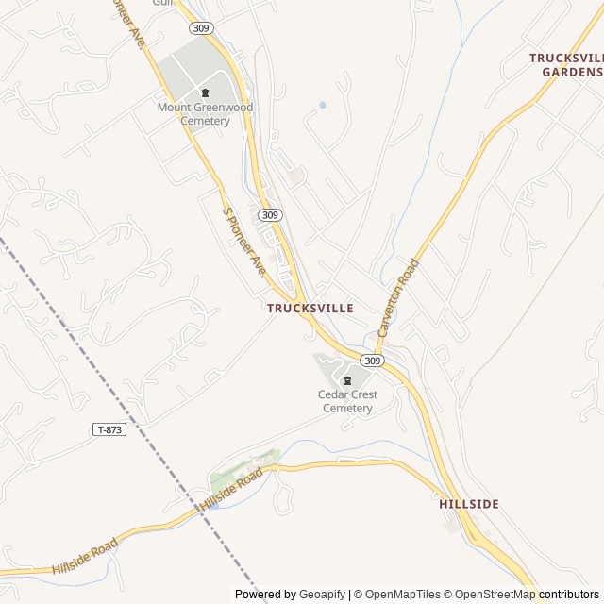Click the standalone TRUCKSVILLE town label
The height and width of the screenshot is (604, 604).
tap(310, 309)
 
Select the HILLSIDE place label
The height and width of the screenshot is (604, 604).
tap(469, 505)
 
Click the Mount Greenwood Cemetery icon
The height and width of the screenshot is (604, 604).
tap(206, 92)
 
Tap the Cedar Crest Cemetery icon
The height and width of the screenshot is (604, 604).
tap(347, 380)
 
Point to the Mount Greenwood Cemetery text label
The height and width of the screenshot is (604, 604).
tap(206, 114)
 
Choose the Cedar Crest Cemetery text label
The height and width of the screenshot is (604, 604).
tap(347, 402)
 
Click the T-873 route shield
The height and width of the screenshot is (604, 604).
tap(109, 429)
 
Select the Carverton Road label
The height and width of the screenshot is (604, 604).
tap(397, 298)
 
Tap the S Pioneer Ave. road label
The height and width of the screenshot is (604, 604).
tap(244, 243)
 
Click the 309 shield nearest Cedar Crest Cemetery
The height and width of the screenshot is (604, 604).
tap(373, 361)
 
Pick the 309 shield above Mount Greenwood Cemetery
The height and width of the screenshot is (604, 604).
tap(200, 28)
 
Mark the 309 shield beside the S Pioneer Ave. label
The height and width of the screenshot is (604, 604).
tap(270, 215)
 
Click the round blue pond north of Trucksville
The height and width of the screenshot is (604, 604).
tap(322, 105)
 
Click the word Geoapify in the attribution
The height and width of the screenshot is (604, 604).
tap(323, 595)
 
